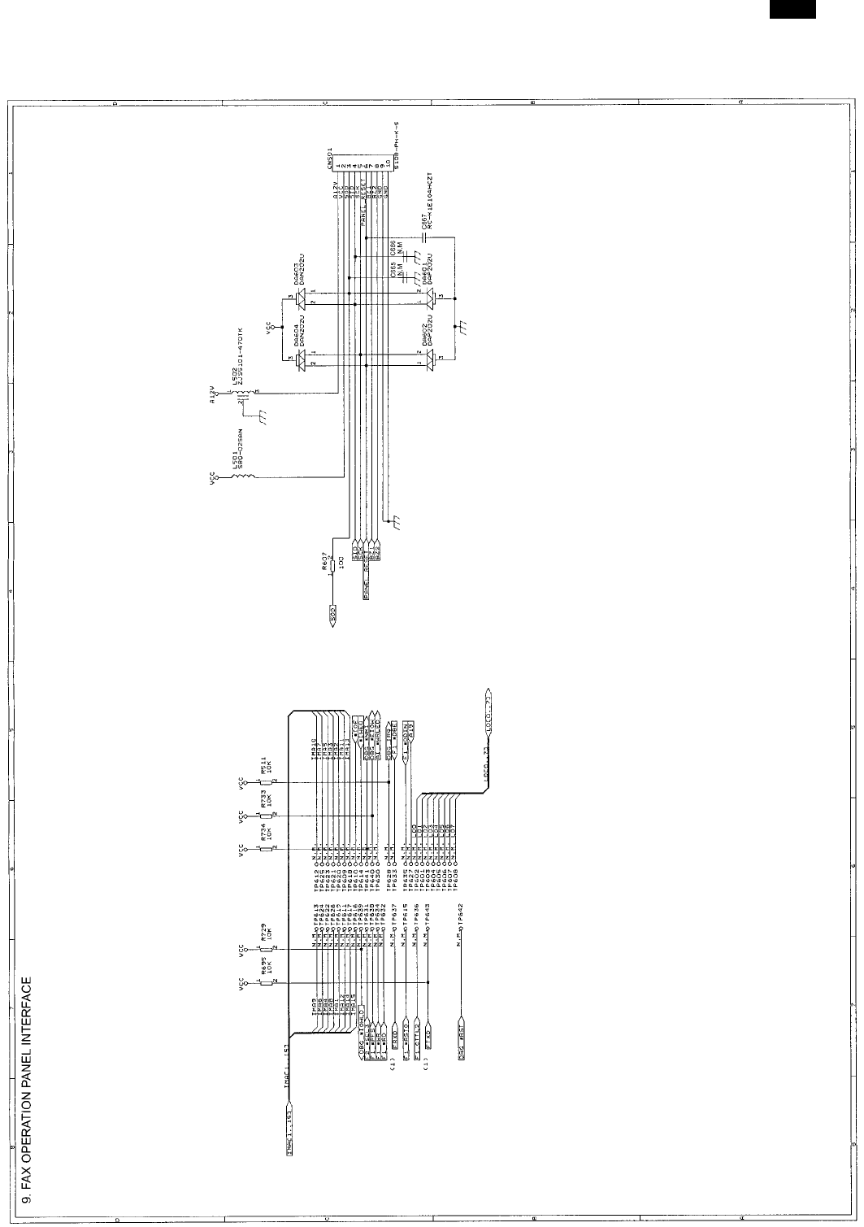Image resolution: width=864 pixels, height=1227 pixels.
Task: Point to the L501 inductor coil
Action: (240, 480)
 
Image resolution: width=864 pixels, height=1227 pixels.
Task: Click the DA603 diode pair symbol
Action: (301, 298)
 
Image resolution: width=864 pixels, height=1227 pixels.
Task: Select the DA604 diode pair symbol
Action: (301, 359)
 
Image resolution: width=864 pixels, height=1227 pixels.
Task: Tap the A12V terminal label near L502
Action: (213, 395)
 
